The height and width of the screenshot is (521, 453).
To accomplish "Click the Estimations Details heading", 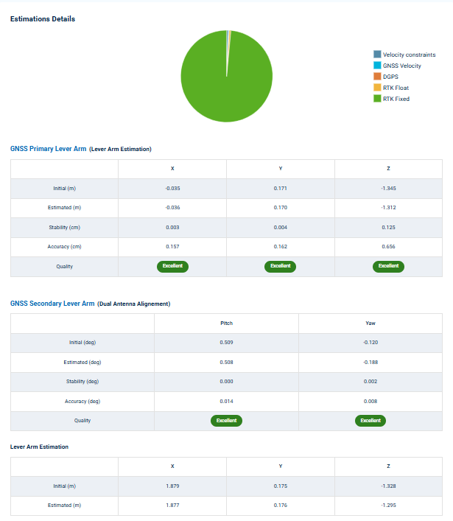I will coord(43,18).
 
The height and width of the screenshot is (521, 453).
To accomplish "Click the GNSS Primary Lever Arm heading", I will coord(48,149).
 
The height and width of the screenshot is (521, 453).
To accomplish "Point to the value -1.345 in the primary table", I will coord(388,189).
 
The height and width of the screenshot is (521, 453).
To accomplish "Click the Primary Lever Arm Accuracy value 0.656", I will coord(388,247).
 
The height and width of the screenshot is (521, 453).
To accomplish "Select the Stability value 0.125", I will coord(388,228).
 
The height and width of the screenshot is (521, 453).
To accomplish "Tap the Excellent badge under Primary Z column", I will coord(388,266).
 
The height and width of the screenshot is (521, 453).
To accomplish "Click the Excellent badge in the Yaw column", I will coord(371,421).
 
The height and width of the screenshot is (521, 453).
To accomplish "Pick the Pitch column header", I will coord(226,324).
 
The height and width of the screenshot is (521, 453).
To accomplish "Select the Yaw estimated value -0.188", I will coord(371,363).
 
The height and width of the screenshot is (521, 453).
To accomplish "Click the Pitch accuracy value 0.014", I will coord(226,402).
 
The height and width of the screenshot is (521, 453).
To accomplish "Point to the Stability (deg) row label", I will coord(82,382).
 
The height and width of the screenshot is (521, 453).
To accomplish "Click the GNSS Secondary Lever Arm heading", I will coord(52,303).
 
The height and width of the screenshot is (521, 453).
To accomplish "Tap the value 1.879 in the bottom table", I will coord(172,486).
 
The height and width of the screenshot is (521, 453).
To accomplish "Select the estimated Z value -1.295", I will coord(388,506).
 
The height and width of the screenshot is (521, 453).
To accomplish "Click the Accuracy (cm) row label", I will coord(64,247).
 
